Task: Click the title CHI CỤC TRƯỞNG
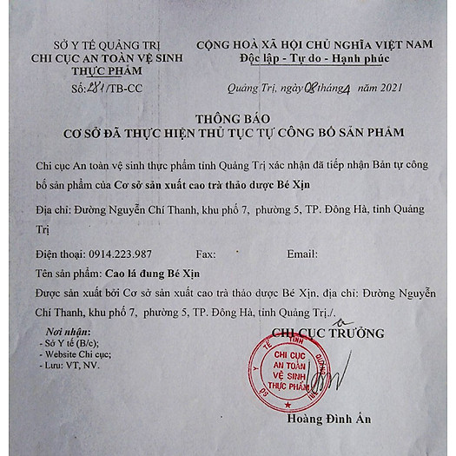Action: click(327, 333)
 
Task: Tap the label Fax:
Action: click(206, 254)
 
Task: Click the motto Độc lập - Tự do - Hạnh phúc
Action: click(314, 58)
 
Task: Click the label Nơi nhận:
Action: click(68, 333)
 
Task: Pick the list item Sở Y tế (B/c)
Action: click(75, 344)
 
